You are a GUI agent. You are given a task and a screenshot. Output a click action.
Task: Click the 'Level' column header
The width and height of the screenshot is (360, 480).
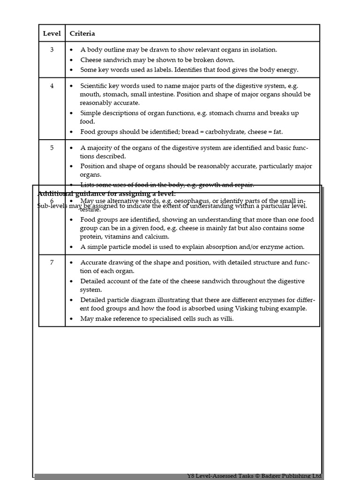click(52, 33)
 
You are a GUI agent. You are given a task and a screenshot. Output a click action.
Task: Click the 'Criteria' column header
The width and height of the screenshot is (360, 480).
click(82, 33)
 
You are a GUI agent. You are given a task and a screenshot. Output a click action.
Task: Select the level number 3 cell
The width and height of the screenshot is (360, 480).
click(52, 50)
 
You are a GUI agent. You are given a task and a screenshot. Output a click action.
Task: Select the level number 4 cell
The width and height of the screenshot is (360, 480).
click(52, 86)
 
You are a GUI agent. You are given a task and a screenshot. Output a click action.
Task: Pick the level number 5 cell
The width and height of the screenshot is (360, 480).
click(52, 148)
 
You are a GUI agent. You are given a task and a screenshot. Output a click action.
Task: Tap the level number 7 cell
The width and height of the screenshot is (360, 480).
click(52, 262)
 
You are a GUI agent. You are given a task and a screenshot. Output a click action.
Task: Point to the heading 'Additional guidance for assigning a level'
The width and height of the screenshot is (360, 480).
click(106, 194)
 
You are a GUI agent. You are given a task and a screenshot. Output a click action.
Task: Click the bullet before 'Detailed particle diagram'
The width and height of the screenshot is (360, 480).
click(71, 300)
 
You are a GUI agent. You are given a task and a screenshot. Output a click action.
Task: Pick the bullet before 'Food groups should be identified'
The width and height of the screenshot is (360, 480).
click(71, 132)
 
